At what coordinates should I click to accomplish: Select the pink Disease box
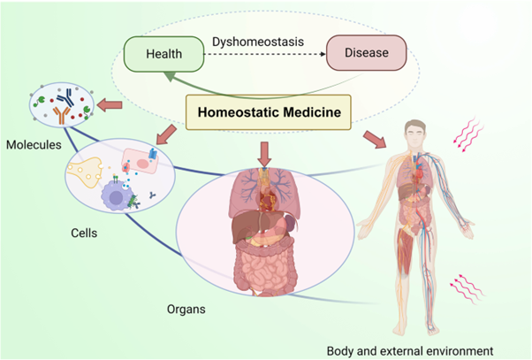365,53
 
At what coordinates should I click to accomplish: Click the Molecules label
32,142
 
